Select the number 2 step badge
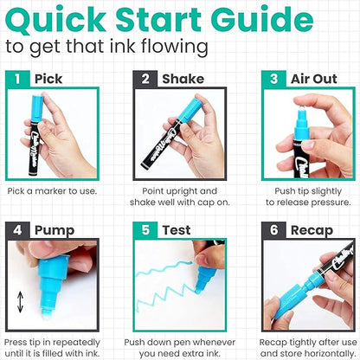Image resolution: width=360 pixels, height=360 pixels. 140,79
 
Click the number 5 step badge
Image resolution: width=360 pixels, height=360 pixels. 140,230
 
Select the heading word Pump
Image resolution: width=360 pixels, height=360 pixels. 54,230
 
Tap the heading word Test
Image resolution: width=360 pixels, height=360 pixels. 172,230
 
